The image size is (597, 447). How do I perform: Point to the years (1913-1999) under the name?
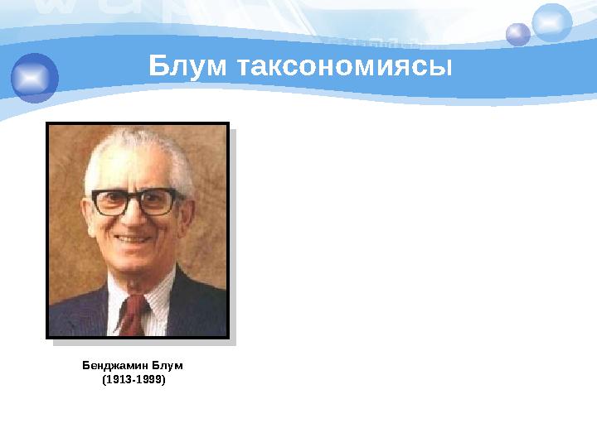133,380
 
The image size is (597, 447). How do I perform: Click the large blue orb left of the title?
34,77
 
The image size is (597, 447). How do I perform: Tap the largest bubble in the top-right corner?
551,22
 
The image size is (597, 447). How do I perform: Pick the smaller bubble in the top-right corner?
518,34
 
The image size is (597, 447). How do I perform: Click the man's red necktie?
132,314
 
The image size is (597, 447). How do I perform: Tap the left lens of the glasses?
112,202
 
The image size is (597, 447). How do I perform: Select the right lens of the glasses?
158,201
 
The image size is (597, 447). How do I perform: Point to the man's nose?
135,217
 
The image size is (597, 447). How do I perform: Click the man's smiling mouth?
135,239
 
